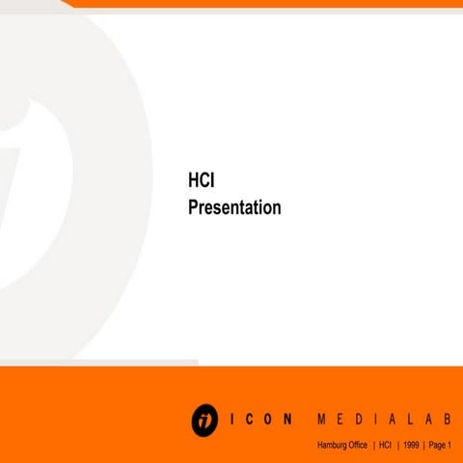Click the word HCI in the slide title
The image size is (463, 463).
[x=201, y=180]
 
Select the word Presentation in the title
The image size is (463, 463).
[x=234, y=206]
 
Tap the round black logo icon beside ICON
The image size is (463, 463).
[x=204, y=420]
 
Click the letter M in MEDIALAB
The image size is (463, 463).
[x=320, y=421]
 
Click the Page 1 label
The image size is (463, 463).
[x=441, y=445]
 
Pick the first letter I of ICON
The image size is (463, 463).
[x=234, y=421]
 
